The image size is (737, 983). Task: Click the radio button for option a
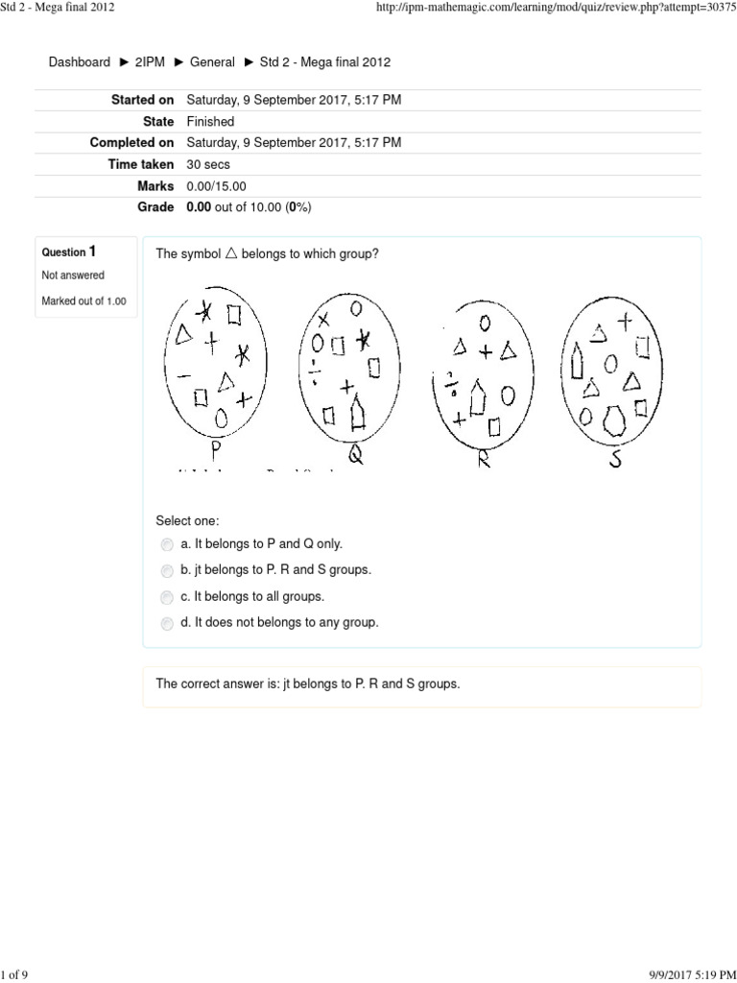click(168, 544)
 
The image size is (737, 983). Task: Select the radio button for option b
click(168, 570)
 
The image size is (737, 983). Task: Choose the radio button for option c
click(168, 597)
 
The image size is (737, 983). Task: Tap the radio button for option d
click(168, 623)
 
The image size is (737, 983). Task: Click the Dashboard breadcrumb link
click(80, 62)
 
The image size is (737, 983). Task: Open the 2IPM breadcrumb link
click(150, 62)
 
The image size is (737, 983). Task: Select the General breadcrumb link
click(212, 62)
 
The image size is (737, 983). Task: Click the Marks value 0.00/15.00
click(216, 186)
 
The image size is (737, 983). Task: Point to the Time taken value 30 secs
click(208, 165)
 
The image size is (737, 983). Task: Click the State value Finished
click(210, 122)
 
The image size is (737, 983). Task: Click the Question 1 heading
click(69, 252)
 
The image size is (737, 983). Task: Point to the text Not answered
click(73, 276)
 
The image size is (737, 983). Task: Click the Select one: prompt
click(187, 521)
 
